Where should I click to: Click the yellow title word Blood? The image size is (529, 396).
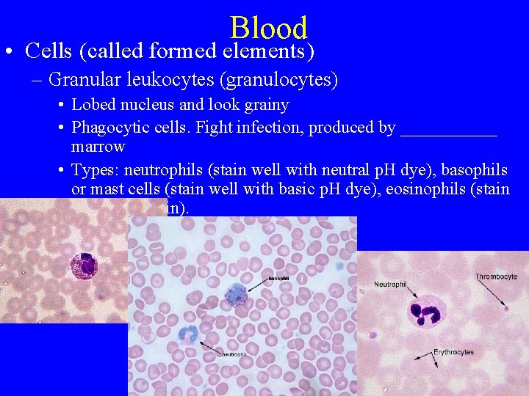(268, 28)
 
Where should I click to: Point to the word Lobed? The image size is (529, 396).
(95, 104)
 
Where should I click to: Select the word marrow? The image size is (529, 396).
(98, 146)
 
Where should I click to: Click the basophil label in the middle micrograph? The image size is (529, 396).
(278, 279)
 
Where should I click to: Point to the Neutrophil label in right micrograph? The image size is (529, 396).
(389, 284)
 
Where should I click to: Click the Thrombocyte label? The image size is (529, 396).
(496, 276)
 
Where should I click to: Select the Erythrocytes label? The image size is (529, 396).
(453, 352)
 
